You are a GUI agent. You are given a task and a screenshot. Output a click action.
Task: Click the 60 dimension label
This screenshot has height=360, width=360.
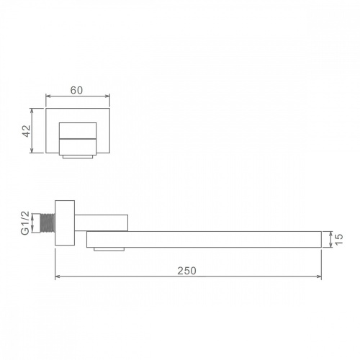(x=76, y=90)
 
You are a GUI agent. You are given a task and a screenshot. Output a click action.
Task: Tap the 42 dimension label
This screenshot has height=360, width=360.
(x=27, y=131)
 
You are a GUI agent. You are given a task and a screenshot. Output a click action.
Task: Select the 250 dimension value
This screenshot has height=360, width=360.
(x=186, y=271)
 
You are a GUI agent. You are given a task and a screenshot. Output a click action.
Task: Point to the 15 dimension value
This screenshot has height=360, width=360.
(x=338, y=239)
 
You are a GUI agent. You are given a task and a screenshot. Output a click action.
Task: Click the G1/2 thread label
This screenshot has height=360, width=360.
(x=25, y=223)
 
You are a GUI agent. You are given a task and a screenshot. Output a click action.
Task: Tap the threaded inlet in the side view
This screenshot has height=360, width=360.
(x=48, y=223)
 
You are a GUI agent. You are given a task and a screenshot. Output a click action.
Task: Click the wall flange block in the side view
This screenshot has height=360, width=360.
(x=65, y=223)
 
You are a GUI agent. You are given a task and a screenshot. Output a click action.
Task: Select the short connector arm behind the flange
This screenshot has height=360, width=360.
(x=101, y=223)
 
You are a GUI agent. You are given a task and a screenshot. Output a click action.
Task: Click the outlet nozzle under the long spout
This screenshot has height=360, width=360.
(x=109, y=249)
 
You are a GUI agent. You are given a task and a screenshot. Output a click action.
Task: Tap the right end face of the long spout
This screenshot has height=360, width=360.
(x=321, y=239)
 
